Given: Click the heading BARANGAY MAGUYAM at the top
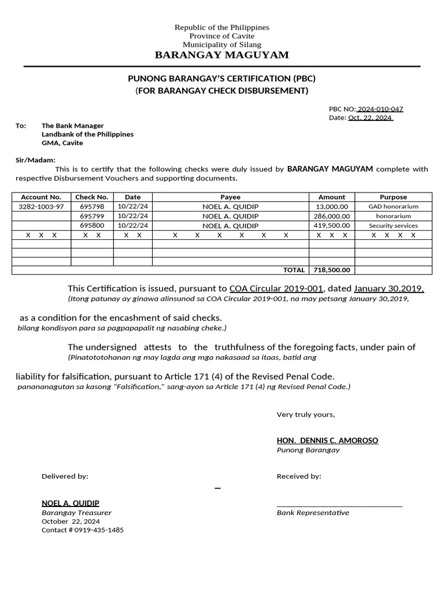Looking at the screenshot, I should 222,55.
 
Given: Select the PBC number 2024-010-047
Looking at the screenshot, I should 380,109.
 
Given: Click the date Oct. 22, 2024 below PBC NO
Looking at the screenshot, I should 370,118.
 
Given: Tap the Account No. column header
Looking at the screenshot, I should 41,197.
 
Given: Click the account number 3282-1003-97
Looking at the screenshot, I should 41,206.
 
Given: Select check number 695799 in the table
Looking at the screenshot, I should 92,216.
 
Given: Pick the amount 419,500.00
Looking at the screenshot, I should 332,226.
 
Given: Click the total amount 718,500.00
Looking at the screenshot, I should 332,270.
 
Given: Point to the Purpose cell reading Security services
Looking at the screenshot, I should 393,226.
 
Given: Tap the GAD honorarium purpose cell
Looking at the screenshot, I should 393,206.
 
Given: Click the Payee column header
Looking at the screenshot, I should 230,197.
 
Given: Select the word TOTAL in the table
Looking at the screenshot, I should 294,270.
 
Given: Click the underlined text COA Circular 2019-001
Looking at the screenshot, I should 276,288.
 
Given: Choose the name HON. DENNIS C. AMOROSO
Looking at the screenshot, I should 327,441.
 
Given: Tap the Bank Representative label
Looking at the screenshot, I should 313,513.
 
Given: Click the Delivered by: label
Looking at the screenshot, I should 65,476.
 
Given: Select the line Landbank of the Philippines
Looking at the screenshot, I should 87,134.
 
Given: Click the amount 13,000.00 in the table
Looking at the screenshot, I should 332,206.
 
